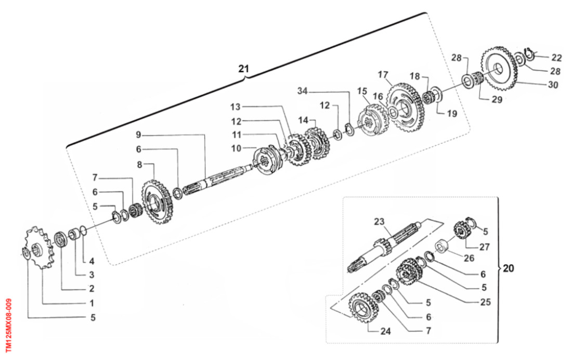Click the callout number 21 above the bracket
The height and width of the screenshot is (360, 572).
point(244,68)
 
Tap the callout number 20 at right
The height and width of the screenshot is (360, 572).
point(509,268)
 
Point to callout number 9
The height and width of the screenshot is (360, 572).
point(138,134)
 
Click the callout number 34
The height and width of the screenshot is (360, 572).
point(303,91)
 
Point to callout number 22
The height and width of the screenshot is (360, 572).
point(556,57)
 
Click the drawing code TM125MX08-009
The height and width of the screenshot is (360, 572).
point(8,325)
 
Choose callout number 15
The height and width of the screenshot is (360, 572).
point(362,91)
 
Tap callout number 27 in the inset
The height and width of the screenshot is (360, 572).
point(485,248)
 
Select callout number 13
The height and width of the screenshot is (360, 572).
point(236,107)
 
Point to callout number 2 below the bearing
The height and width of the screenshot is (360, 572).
point(92,288)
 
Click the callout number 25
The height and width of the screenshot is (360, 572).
point(486,302)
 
